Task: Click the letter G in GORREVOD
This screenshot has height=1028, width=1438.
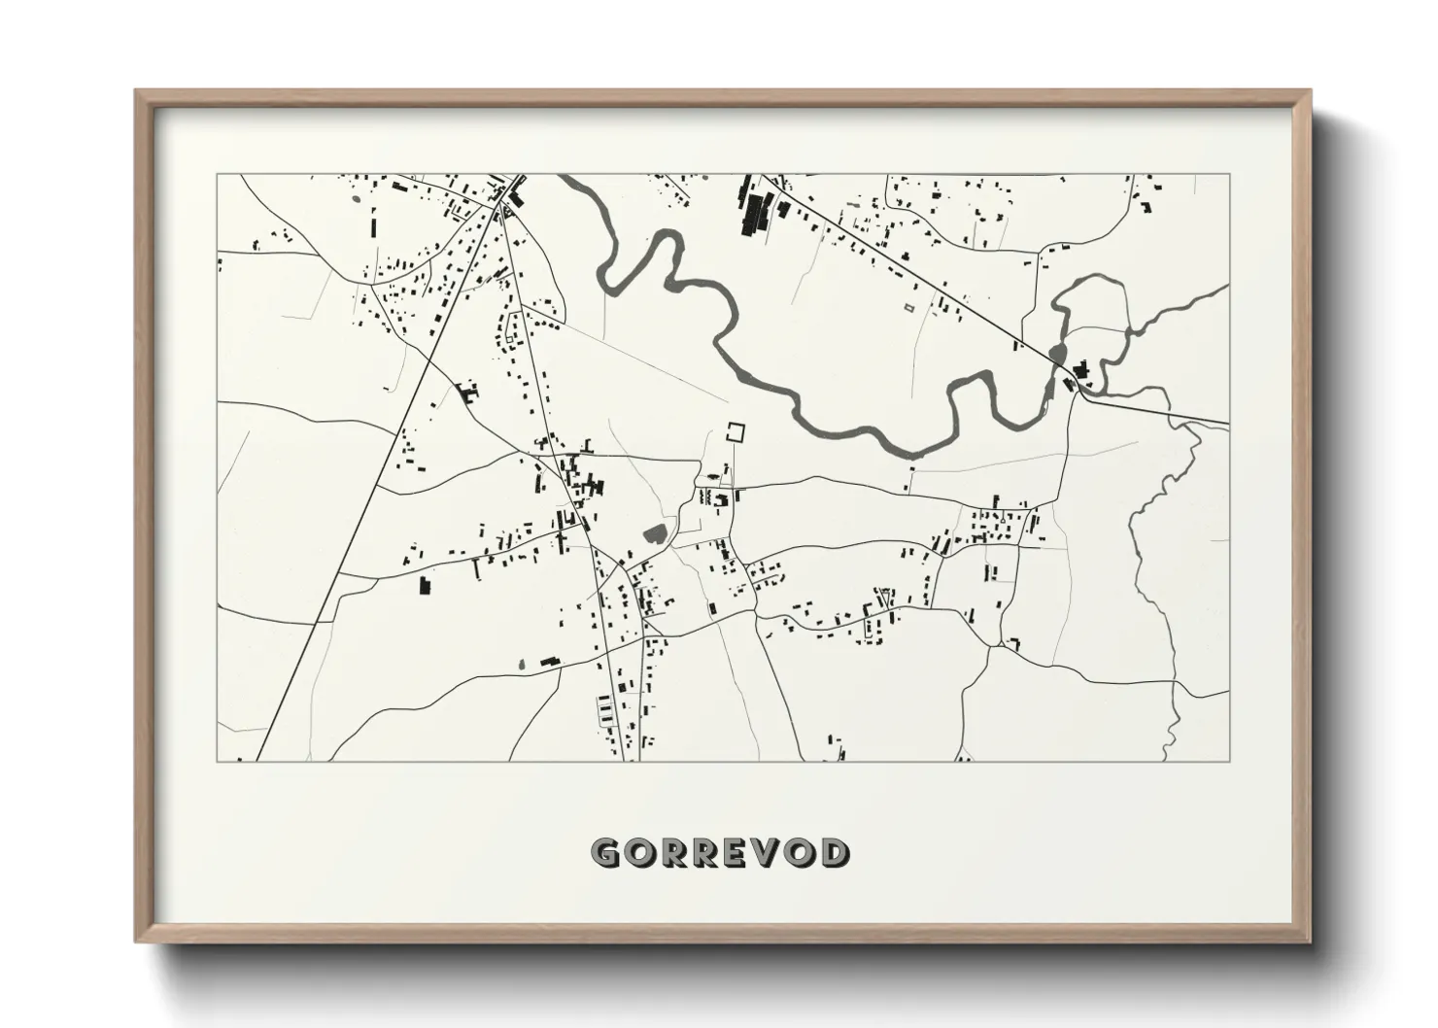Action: coord(606,853)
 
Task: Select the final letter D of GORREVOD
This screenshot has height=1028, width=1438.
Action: coord(833,853)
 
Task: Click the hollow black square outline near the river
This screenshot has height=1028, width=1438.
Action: coord(739,432)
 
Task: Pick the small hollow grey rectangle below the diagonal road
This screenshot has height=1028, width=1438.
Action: coord(909,308)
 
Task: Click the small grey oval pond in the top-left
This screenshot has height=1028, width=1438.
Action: coord(355,201)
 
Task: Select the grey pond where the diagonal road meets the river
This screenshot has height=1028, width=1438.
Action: coord(1057,352)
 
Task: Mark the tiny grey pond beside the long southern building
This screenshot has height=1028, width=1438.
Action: coord(521,665)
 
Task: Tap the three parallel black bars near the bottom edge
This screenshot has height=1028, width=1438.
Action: coord(609,717)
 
